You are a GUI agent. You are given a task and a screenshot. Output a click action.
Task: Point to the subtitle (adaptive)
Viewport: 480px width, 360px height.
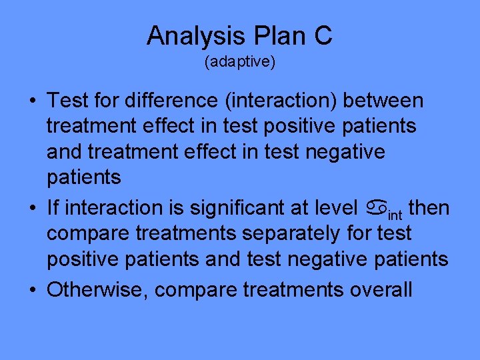point(240,63)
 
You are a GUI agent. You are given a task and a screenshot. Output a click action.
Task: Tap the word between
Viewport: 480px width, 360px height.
point(386,101)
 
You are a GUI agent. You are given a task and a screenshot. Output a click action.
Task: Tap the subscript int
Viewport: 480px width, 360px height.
point(394,214)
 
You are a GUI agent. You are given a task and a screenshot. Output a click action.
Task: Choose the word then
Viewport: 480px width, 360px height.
point(429,208)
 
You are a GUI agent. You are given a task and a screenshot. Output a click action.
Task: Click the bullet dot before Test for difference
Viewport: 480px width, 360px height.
point(32,101)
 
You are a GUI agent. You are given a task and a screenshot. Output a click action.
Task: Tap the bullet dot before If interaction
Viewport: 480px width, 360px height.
point(32,209)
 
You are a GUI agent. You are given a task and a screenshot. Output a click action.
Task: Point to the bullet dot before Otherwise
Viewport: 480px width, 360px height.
point(32,290)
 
